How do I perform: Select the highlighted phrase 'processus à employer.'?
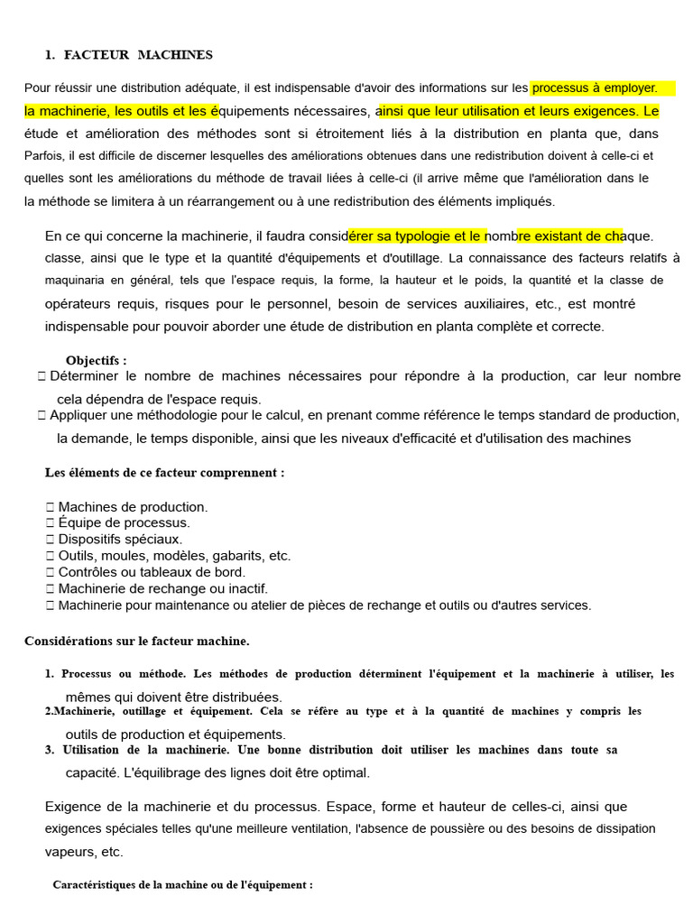point(595,88)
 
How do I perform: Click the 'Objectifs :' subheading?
point(97,361)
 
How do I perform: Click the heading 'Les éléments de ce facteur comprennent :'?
point(165,473)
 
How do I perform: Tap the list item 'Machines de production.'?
point(133,507)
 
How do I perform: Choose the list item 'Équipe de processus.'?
point(124,522)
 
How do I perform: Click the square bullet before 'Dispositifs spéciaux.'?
point(50,539)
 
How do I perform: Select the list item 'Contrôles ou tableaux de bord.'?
point(152,572)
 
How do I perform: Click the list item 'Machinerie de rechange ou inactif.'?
point(162,588)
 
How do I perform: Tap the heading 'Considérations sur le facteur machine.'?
point(136,642)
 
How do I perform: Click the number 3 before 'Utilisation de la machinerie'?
point(49,750)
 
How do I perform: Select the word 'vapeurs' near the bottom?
point(69,851)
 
